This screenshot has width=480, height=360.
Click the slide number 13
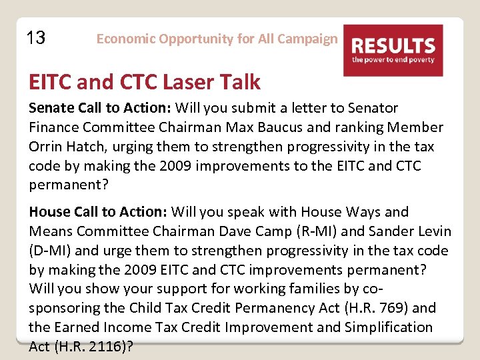[35, 38]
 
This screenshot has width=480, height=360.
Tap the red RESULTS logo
[393, 50]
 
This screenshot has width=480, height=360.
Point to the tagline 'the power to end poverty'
[393, 60]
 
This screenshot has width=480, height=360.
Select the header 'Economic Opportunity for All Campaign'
[217, 39]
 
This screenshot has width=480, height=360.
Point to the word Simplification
[389, 327]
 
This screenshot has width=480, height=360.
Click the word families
[353, 289]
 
